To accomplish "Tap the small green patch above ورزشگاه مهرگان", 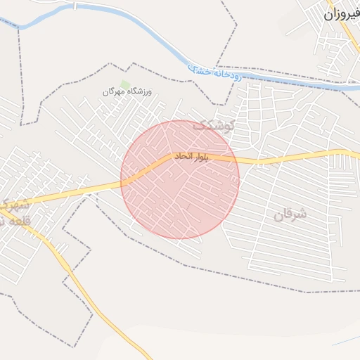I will point(125,84).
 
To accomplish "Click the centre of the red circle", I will point(180,179).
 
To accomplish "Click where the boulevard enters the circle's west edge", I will point(122,184).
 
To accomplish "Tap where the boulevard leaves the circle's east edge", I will point(239,160).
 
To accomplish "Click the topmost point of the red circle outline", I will point(180,120).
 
